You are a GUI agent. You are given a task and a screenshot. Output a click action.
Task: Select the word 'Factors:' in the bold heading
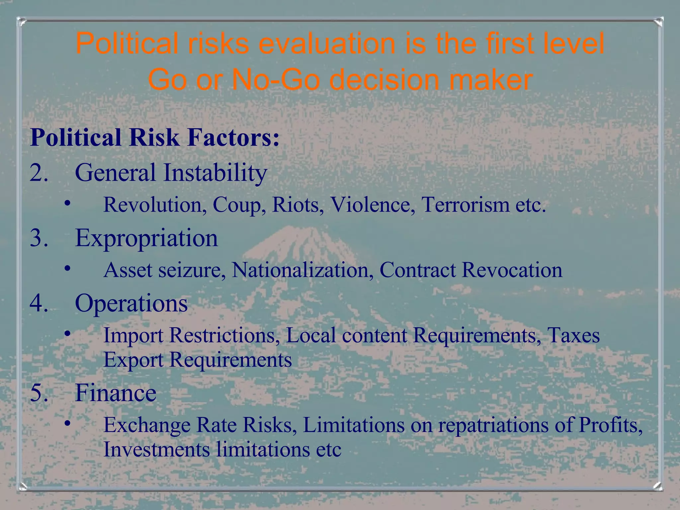[x=233, y=137]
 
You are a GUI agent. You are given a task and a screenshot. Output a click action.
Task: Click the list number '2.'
[x=39, y=173]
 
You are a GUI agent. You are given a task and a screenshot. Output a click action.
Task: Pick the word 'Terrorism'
[x=465, y=205]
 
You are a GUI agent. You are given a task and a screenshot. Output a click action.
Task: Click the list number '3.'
[x=39, y=238]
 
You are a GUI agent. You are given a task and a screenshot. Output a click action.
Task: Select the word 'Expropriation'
[x=146, y=238]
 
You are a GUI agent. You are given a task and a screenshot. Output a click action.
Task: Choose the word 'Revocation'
[x=512, y=270]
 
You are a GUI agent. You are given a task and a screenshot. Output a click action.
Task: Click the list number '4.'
[x=39, y=303]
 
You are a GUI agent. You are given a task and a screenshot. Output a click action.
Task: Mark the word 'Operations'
[x=131, y=303]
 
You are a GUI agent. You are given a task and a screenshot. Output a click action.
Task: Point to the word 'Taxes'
[x=573, y=335]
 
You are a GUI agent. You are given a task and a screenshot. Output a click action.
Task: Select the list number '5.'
[x=39, y=393]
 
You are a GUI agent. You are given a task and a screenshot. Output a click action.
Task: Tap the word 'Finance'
[x=116, y=393]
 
